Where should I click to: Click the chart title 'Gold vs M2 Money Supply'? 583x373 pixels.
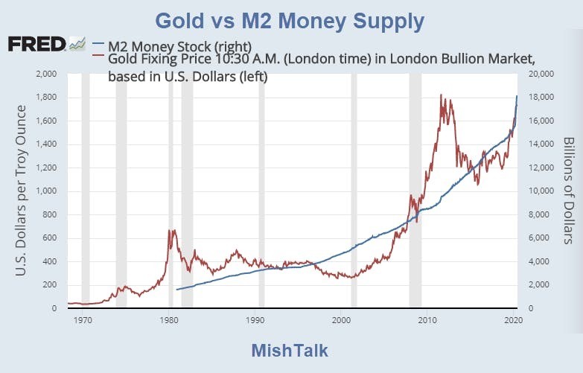pyautogui.click(x=290, y=21)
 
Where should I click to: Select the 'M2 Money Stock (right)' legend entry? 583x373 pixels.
pyautogui.click(x=180, y=47)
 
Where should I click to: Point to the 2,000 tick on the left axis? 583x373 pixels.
pyautogui.click(x=46, y=74)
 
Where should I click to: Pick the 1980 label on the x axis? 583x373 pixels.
pyautogui.click(x=169, y=320)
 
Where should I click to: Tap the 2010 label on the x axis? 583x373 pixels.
pyautogui.click(x=427, y=320)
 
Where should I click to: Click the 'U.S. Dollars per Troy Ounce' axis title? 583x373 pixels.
pyautogui.click(x=21, y=191)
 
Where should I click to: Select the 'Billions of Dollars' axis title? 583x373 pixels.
pyautogui.click(x=569, y=191)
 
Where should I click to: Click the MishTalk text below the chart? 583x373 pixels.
pyautogui.click(x=290, y=351)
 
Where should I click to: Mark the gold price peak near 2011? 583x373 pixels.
pyautogui.click(x=441, y=95)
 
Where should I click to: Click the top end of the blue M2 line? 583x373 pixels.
pyautogui.click(x=517, y=96)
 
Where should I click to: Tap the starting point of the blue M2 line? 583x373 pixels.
pyautogui.click(x=177, y=290)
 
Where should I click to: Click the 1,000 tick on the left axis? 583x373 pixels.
pyautogui.click(x=46, y=191)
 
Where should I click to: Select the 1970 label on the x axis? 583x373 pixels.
pyautogui.click(x=83, y=320)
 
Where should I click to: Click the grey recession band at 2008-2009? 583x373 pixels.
pyautogui.click(x=415, y=191)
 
